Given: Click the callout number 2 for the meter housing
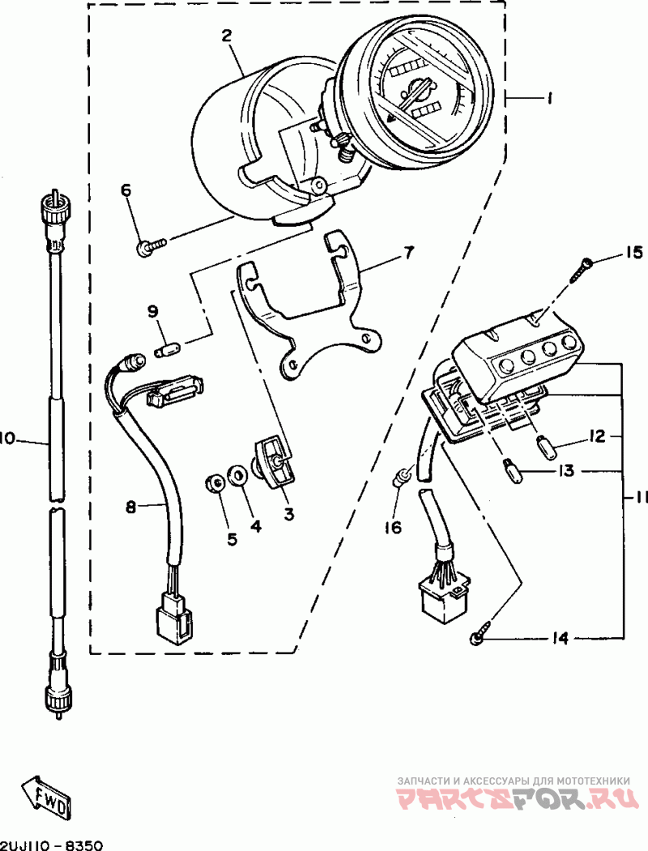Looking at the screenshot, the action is (x=226, y=36).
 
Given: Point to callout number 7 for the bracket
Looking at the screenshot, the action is (x=407, y=253).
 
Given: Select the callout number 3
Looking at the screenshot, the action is (x=288, y=513).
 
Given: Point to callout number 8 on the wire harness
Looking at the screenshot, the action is (x=130, y=508).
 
